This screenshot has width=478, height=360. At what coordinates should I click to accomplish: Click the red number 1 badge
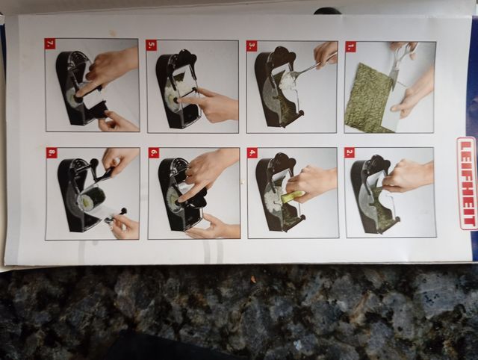pos(351,46)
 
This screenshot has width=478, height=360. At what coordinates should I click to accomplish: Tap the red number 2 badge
pos(350,152)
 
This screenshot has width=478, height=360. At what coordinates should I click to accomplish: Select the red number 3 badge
pos(252,46)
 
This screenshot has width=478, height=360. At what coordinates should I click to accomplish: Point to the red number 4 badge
pos(252,152)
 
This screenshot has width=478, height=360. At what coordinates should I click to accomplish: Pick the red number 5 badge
pos(152,45)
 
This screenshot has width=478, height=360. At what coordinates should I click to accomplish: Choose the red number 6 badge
pos(153,152)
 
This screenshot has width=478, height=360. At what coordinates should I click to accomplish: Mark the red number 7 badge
pos(50,43)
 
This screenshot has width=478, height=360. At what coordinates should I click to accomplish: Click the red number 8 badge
pos(51,152)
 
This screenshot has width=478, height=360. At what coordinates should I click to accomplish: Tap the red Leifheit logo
pos(467,183)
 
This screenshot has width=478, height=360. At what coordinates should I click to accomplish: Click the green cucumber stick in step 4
pos(292,197)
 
